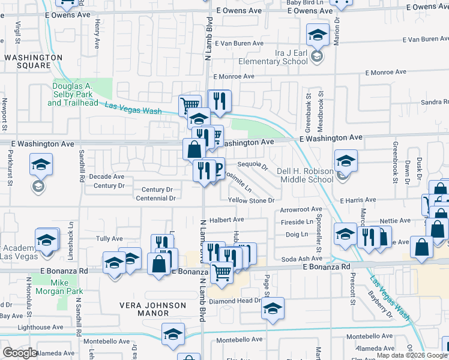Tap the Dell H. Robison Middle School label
[x=305, y=175]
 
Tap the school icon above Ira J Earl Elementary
[x=318, y=35]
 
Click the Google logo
[x=20, y=353]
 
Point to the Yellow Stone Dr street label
[x=251, y=200]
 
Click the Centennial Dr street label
[x=155, y=197]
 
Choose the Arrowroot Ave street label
[x=301, y=210]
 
